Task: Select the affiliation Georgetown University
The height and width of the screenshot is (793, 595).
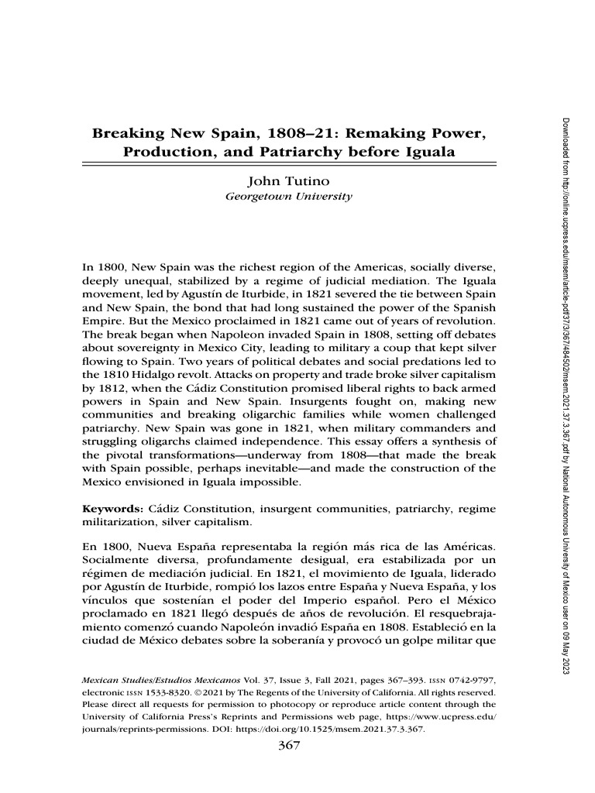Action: [287, 197]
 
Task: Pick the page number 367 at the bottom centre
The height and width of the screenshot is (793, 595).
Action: [287, 747]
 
